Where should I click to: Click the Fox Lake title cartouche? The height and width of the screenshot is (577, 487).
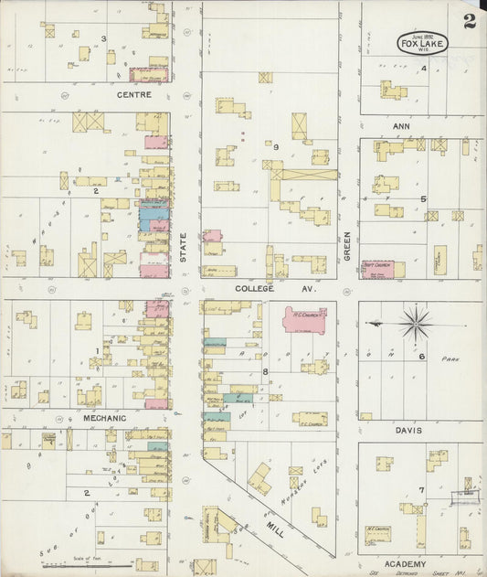[x=422, y=43]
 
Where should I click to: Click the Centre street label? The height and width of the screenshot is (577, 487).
[x=132, y=94]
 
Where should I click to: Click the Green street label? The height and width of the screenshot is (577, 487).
[x=347, y=245]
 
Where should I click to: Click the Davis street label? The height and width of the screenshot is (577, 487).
[x=408, y=428]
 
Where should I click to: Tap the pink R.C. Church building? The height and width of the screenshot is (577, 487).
[x=304, y=320]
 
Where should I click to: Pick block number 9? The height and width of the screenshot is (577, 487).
[x=275, y=146]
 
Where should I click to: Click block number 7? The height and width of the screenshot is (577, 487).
[x=421, y=489]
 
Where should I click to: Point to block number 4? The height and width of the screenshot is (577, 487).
[x=423, y=69]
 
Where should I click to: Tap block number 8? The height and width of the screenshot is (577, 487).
[x=266, y=371]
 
